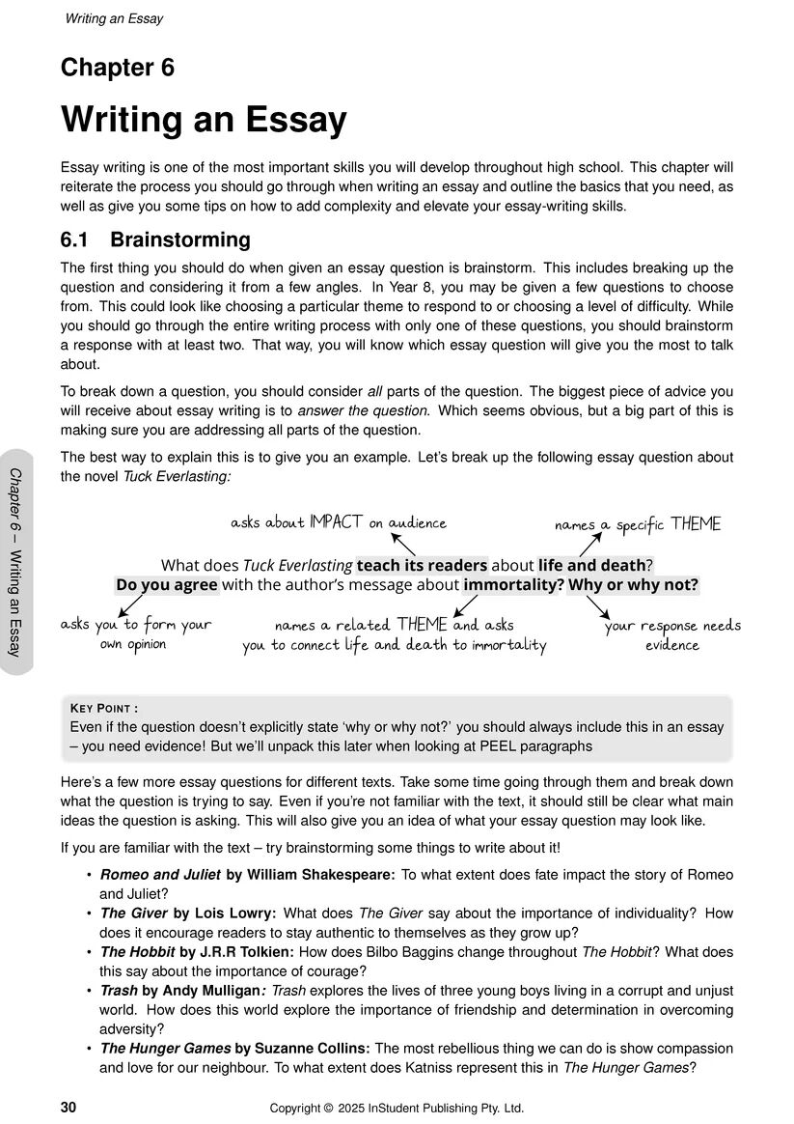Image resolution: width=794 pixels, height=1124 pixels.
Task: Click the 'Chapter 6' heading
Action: pyautogui.click(x=118, y=68)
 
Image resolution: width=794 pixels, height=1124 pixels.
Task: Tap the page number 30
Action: pyautogui.click(x=68, y=1108)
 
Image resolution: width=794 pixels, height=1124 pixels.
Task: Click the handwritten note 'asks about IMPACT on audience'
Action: pyautogui.click(x=339, y=522)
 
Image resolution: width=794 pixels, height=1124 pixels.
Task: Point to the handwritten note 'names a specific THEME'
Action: pyautogui.click(x=637, y=524)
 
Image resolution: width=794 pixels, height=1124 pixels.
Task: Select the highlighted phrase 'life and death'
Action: pyautogui.click(x=590, y=565)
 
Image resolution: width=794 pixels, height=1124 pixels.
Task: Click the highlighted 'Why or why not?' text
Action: pyautogui.click(x=633, y=584)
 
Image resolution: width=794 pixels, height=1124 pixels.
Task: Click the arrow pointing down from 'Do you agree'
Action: pyautogui.click(x=129, y=605)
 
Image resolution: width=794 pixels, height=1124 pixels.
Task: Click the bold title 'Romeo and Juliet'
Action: pyautogui.click(x=160, y=875)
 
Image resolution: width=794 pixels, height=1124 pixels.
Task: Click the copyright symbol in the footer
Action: pyautogui.click(x=328, y=1108)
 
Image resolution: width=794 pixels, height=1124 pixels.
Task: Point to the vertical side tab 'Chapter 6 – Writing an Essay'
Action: pyautogui.click(x=16, y=561)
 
